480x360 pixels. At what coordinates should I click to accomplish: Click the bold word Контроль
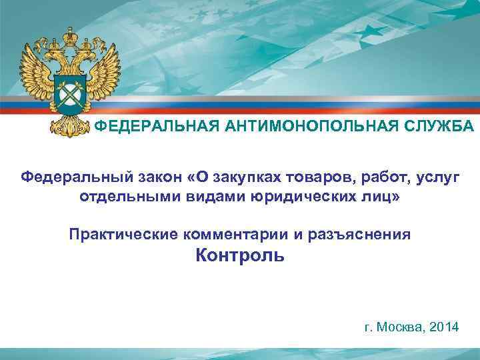pyautogui.click(x=239, y=255)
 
